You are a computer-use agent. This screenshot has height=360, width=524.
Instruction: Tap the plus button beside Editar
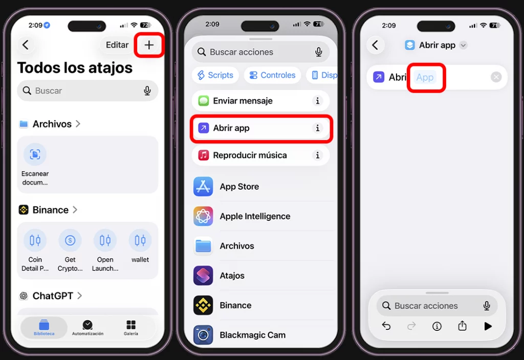(149, 45)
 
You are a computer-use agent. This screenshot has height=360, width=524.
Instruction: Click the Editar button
(117, 45)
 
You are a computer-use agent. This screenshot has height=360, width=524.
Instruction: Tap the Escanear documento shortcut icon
(35, 154)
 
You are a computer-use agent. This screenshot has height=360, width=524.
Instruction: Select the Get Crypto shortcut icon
(70, 240)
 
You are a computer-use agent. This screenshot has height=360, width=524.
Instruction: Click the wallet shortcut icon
(140, 240)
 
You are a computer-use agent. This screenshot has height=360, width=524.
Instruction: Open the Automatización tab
(88, 328)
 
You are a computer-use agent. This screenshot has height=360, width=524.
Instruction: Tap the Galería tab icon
(131, 325)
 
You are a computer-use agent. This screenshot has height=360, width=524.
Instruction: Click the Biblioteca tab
(44, 328)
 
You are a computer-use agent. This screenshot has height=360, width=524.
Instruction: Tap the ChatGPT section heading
(53, 296)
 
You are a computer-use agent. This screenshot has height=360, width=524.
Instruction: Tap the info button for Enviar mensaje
(318, 101)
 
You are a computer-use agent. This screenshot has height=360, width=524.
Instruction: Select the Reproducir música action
(250, 155)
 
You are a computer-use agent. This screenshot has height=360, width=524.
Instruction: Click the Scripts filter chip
(215, 75)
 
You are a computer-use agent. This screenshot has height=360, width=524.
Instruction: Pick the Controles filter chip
(272, 75)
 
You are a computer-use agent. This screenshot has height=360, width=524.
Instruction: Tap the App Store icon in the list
(203, 187)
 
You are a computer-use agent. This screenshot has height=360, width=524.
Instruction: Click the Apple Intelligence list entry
(255, 216)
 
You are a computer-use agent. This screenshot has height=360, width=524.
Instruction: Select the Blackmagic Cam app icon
(203, 335)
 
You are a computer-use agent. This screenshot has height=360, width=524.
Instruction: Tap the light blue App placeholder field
(425, 77)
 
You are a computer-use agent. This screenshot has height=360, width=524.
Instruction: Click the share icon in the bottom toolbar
(462, 326)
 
